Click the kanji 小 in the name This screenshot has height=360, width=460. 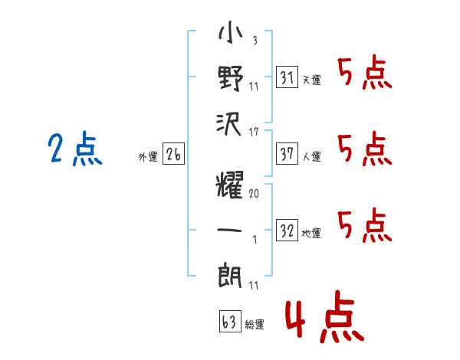point(231,33)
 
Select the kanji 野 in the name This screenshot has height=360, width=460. point(231,78)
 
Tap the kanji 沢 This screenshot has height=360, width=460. point(228,124)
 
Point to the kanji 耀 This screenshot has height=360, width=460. point(229,185)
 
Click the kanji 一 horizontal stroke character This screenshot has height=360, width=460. point(229,230)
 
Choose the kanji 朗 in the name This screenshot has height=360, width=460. point(230,275)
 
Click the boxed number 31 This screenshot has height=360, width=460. point(287,77)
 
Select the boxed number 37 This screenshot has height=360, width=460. point(287,153)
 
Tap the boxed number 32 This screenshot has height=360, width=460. point(287,230)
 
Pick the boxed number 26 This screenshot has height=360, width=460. point(173,153)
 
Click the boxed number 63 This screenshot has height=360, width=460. point(230,321)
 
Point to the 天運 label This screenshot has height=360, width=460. point(312,80)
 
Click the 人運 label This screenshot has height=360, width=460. point(312,156)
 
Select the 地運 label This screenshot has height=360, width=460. point(311,233)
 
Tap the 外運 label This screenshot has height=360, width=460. point(148,156)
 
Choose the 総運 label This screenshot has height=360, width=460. point(255,324)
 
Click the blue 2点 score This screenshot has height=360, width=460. point(75,148)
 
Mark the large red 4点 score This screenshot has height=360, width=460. point(325,316)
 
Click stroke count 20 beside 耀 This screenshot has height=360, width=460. point(254,193)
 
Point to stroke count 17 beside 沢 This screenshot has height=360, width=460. point(254,132)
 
